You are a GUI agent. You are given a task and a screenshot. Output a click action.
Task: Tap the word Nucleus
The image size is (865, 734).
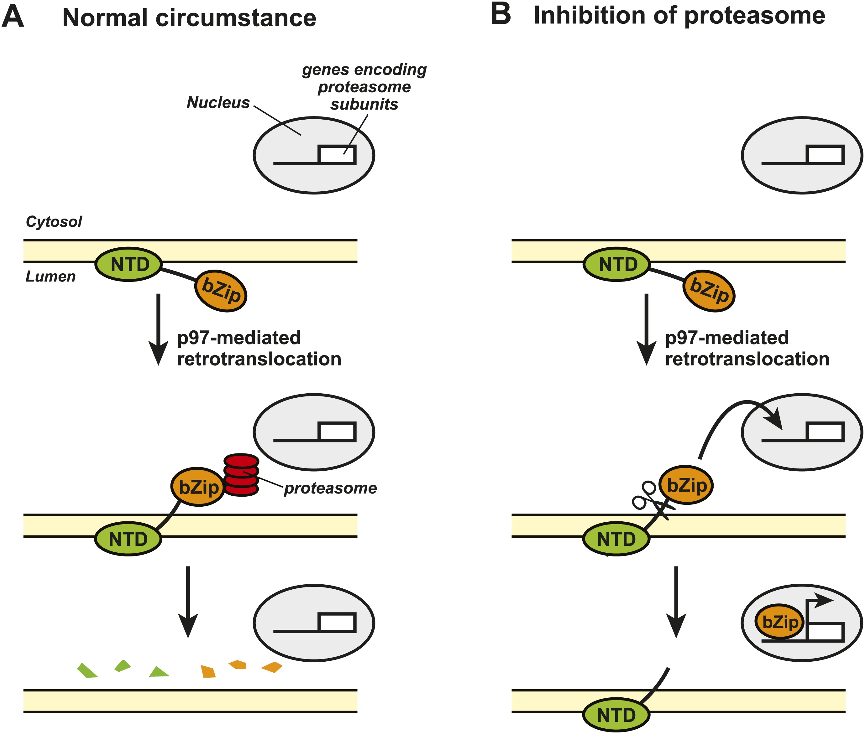[218, 102]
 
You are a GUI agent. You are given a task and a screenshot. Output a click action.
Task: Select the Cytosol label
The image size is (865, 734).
[54, 221]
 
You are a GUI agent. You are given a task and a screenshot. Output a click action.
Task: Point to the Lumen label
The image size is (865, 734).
[50, 276]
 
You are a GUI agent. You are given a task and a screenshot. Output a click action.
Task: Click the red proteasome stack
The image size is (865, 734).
[241, 474]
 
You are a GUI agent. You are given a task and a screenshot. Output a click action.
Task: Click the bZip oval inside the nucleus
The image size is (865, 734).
[780, 623]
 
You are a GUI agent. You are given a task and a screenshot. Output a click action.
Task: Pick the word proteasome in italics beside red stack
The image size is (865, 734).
[330, 488]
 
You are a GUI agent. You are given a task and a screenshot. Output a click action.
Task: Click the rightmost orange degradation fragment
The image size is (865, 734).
[272, 667]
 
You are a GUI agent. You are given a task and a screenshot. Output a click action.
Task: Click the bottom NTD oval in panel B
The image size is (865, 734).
[616, 715]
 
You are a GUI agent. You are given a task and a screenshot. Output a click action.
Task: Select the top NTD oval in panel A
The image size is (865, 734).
[129, 264]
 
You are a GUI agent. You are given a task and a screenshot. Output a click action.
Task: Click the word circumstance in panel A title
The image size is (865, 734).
[236, 18]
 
